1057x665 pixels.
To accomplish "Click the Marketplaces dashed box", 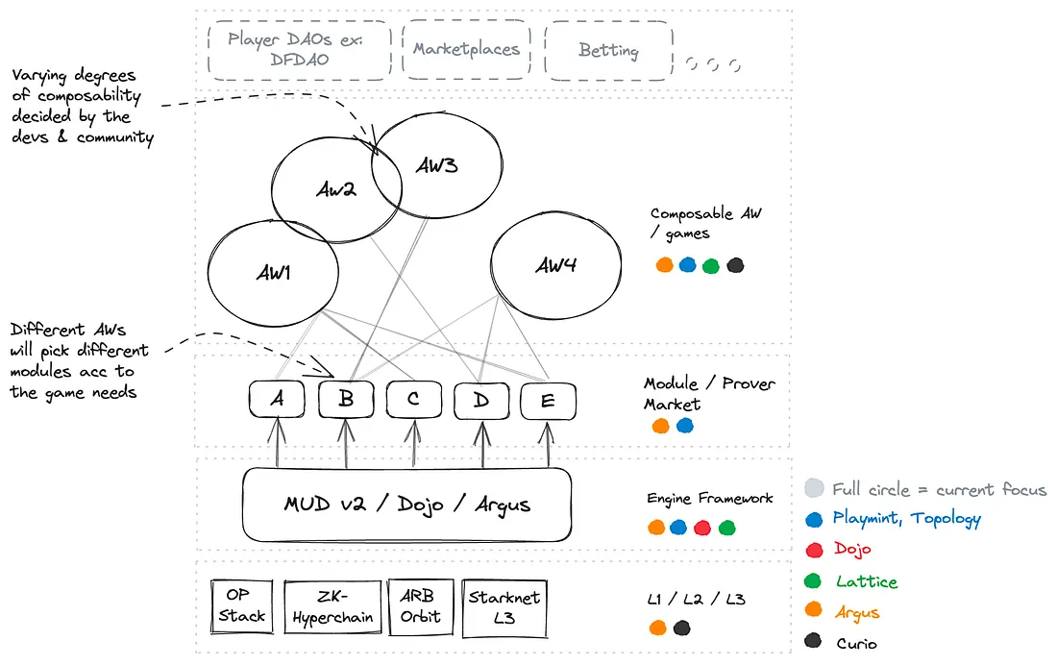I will pos(466,50).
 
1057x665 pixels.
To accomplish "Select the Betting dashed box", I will pos(608,51).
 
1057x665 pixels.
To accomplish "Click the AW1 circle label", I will pos(273,272).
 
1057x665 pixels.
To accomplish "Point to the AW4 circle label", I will pos(555,265).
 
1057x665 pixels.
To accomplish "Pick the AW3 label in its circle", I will pos(436,165).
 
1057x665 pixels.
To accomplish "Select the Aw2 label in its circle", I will pos(336,189).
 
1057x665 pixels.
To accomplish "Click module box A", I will pos(277,400).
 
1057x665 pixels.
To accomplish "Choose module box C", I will pos(413,400).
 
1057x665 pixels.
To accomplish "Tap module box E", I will pos(548,401).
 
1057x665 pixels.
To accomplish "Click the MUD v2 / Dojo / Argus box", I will pos(406,505).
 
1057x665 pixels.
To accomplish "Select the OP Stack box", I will pos(241,607).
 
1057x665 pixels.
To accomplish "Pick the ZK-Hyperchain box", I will pos(331,607).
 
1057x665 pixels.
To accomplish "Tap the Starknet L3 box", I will pos(504,607).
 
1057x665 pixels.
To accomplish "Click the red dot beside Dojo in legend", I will pos(815,550).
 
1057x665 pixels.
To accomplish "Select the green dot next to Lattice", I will pos(815,581).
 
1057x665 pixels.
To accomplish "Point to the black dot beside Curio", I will pos(815,643).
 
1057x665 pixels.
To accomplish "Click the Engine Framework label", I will pos(709,499).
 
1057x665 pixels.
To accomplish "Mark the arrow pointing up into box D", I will pos(480,444).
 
